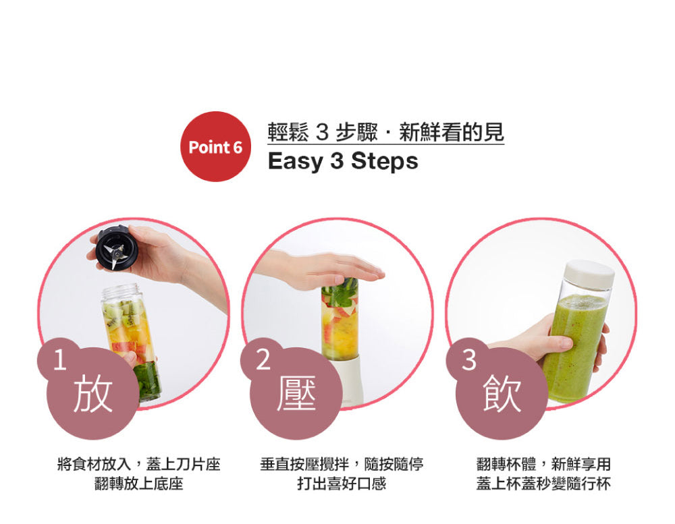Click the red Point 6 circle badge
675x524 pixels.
(215, 146)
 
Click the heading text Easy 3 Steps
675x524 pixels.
(343, 162)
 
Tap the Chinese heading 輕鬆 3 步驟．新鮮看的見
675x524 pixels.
(385, 132)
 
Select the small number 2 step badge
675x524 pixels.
(263, 361)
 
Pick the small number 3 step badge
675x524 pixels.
(468, 361)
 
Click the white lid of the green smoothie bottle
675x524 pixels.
(589, 274)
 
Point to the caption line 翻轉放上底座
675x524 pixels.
(139, 484)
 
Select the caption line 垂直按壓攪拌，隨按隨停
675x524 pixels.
(342, 465)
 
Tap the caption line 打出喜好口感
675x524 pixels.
(342, 484)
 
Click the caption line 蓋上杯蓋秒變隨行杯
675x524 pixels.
(543, 484)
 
